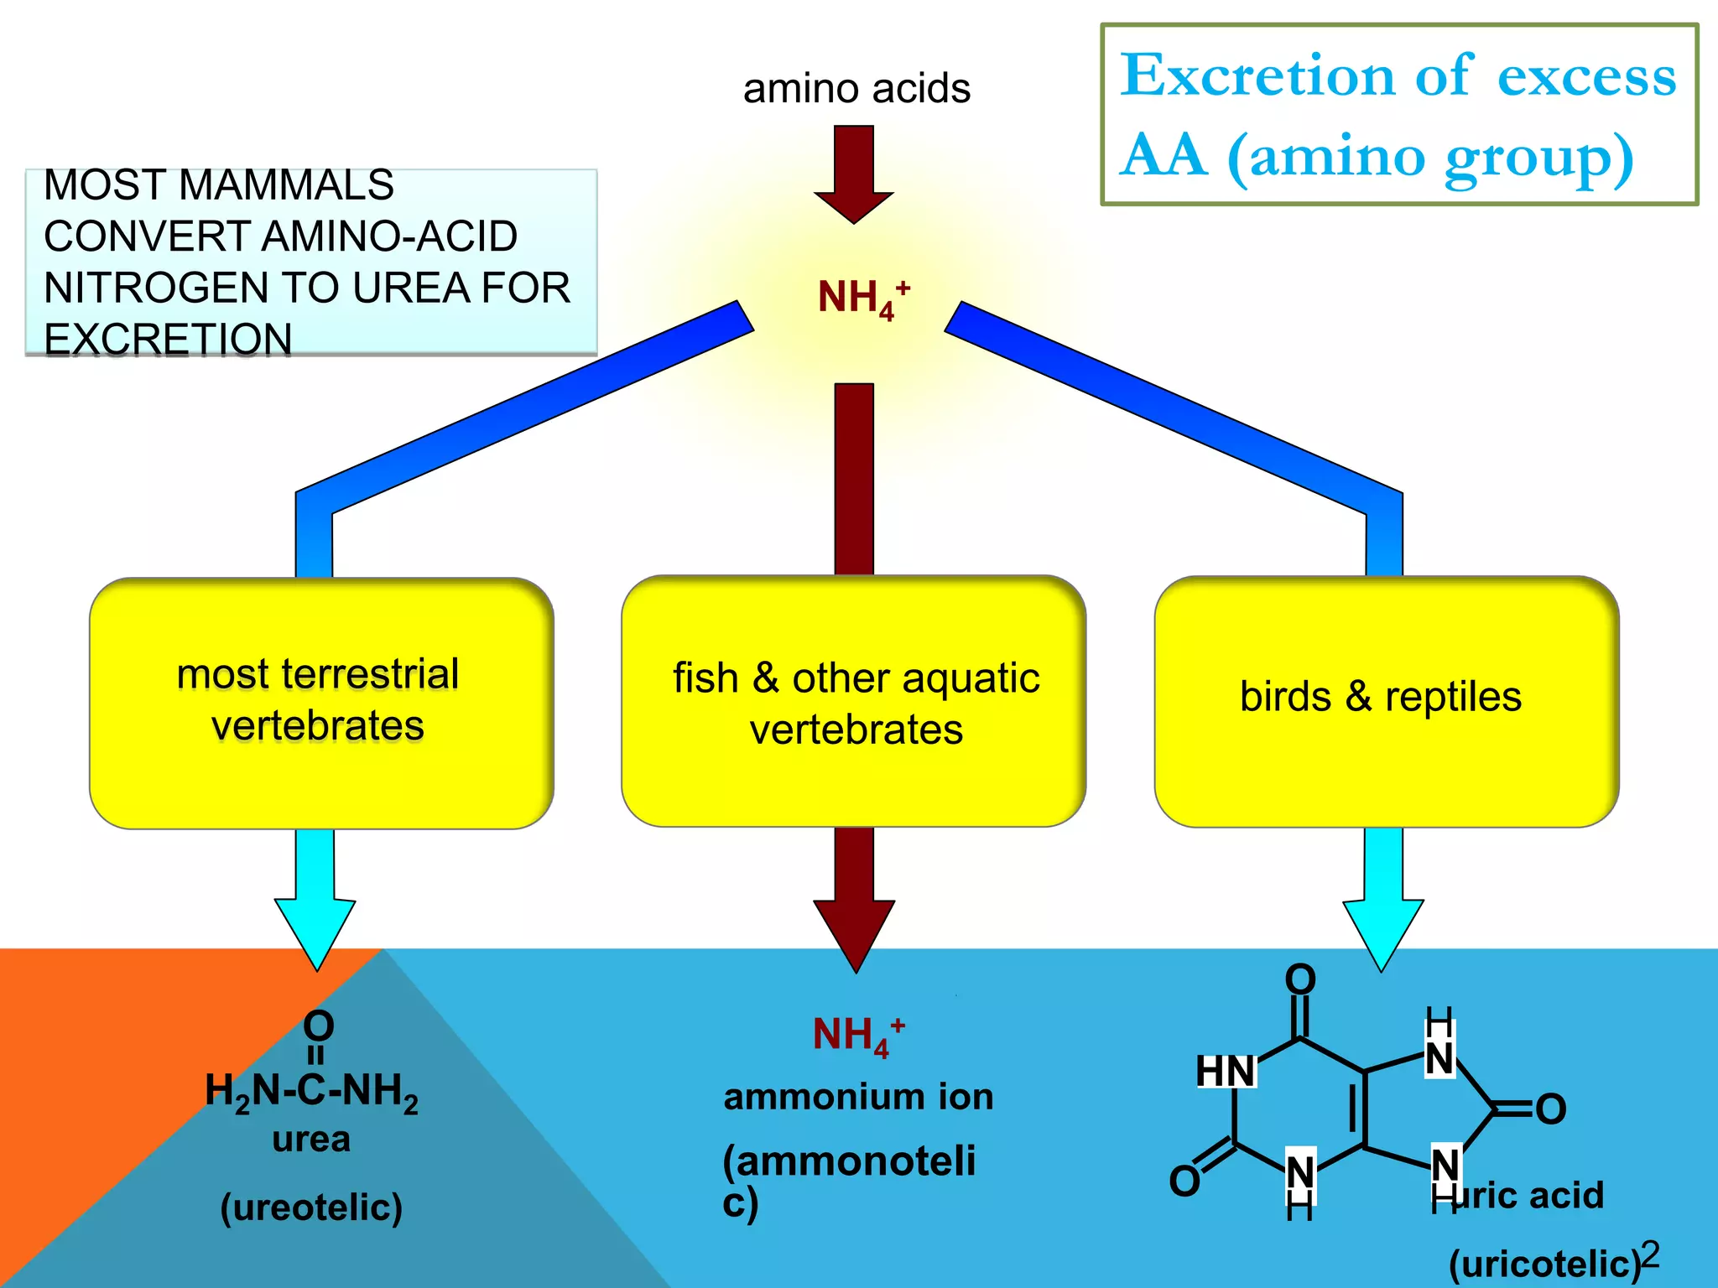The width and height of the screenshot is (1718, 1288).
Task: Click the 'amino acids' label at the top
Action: pyautogui.click(x=856, y=89)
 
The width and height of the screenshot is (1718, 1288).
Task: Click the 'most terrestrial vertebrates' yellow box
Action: pyautogui.click(x=321, y=703)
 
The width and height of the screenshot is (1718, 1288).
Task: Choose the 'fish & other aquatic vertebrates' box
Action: pyautogui.click(x=854, y=703)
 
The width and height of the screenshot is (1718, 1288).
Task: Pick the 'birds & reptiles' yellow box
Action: pyautogui.click(x=1386, y=703)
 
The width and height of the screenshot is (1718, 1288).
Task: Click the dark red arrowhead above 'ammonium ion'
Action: pyautogui.click(x=854, y=931)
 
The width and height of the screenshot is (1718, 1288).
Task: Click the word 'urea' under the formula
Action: pyautogui.click(x=311, y=1140)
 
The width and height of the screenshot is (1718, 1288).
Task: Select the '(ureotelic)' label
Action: pyautogui.click(x=311, y=1207)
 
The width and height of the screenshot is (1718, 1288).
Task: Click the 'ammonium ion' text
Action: pyautogui.click(x=858, y=1097)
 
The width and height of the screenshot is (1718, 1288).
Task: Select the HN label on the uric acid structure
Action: pyautogui.click(x=1225, y=1072)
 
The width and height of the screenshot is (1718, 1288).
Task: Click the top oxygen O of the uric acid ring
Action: pyautogui.click(x=1300, y=979)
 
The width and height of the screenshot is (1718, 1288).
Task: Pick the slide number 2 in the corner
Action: pyautogui.click(x=1650, y=1254)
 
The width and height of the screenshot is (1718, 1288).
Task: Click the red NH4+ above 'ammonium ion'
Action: pyautogui.click(x=857, y=1035)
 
